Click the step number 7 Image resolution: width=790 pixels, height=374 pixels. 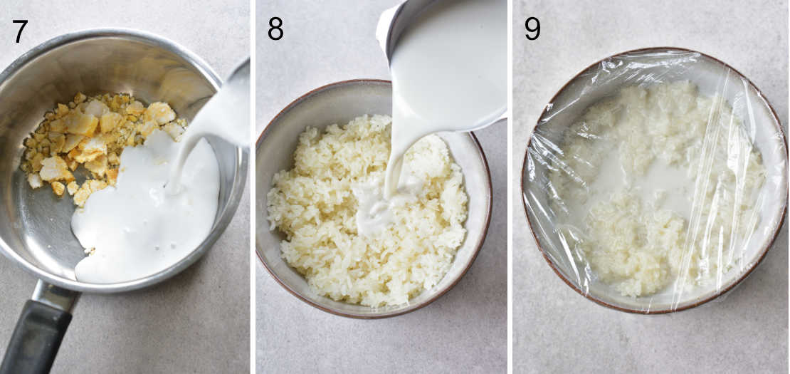(x=20, y=31)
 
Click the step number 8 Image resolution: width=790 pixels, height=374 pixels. (x=275, y=29)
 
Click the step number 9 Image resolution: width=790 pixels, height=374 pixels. (x=532, y=28)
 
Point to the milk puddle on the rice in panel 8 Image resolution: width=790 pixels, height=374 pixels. (x=374, y=210)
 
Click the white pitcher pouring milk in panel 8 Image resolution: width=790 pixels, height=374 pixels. (x=448, y=57)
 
